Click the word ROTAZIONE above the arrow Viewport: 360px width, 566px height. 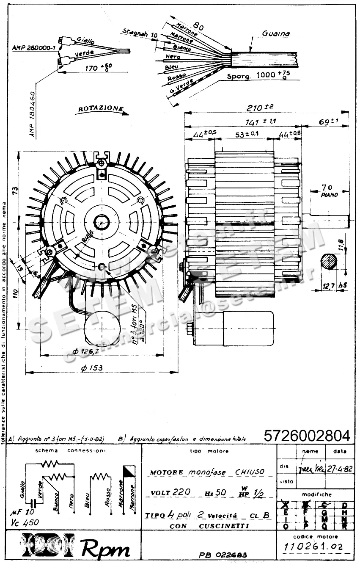pos(100,108)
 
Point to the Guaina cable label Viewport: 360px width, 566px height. pos(276,33)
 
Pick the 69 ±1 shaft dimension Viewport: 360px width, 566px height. pos(329,121)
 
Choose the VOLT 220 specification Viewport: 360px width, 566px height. pos(170,492)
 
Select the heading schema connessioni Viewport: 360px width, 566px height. pos(71,451)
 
